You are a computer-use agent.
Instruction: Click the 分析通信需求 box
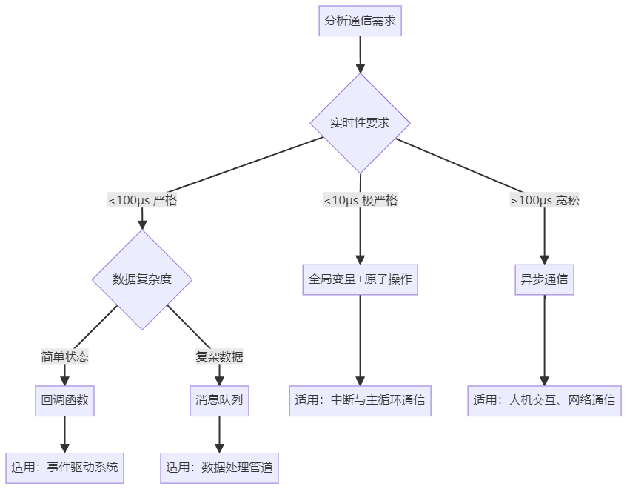[x=360, y=21]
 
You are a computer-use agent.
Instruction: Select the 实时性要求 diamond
[x=360, y=123]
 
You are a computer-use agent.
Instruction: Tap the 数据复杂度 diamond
[x=142, y=279]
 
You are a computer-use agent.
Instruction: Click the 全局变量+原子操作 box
[x=360, y=279]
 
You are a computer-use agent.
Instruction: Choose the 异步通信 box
[x=545, y=279]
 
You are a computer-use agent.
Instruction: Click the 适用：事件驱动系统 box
[x=64, y=468]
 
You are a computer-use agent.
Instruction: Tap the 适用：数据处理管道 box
[x=219, y=468]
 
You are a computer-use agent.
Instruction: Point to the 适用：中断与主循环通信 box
[x=360, y=400]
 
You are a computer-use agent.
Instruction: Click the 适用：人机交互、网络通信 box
[x=545, y=400]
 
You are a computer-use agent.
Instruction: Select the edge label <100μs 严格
[x=142, y=201]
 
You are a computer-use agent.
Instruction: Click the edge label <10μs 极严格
[x=361, y=201]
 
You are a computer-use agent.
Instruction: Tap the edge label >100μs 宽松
[x=545, y=201]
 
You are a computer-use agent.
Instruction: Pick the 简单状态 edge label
[x=64, y=357]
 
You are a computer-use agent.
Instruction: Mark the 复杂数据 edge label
[x=219, y=357]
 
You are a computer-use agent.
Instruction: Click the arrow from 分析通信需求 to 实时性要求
[x=360, y=56]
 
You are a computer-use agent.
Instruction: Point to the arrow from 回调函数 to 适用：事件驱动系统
[x=64, y=434]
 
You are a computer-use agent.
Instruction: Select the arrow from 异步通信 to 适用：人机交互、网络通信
[x=545, y=341]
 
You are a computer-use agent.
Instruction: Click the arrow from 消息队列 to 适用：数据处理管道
[x=219, y=434]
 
